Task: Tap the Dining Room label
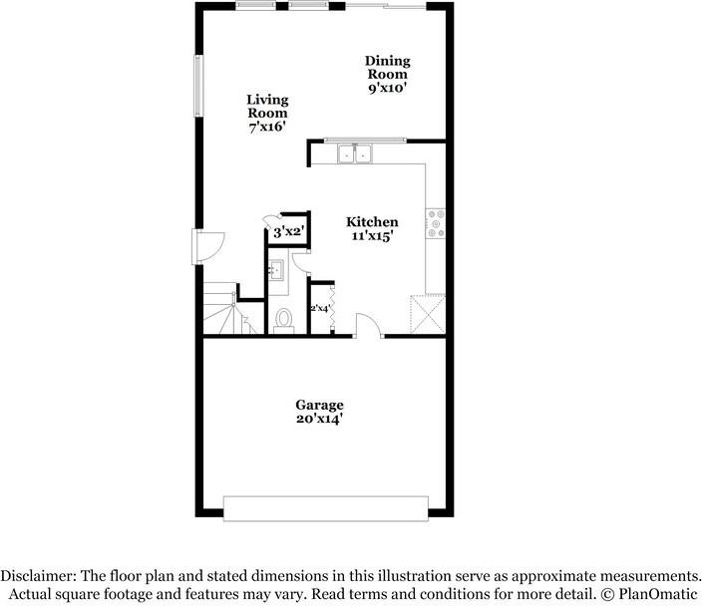point(387,68)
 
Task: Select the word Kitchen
point(372,222)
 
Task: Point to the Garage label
point(319,405)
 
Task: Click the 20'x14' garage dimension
point(319,419)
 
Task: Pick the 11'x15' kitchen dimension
point(372,237)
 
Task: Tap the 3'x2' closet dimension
point(288,231)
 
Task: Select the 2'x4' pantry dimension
point(320,308)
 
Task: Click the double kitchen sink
point(354,153)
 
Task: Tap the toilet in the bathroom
point(284,319)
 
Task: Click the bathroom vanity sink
point(276,270)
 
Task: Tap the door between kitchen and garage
point(368,326)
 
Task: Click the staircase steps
point(221,310)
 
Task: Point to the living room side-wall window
point(198,84)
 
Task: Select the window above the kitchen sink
point(363,140)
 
